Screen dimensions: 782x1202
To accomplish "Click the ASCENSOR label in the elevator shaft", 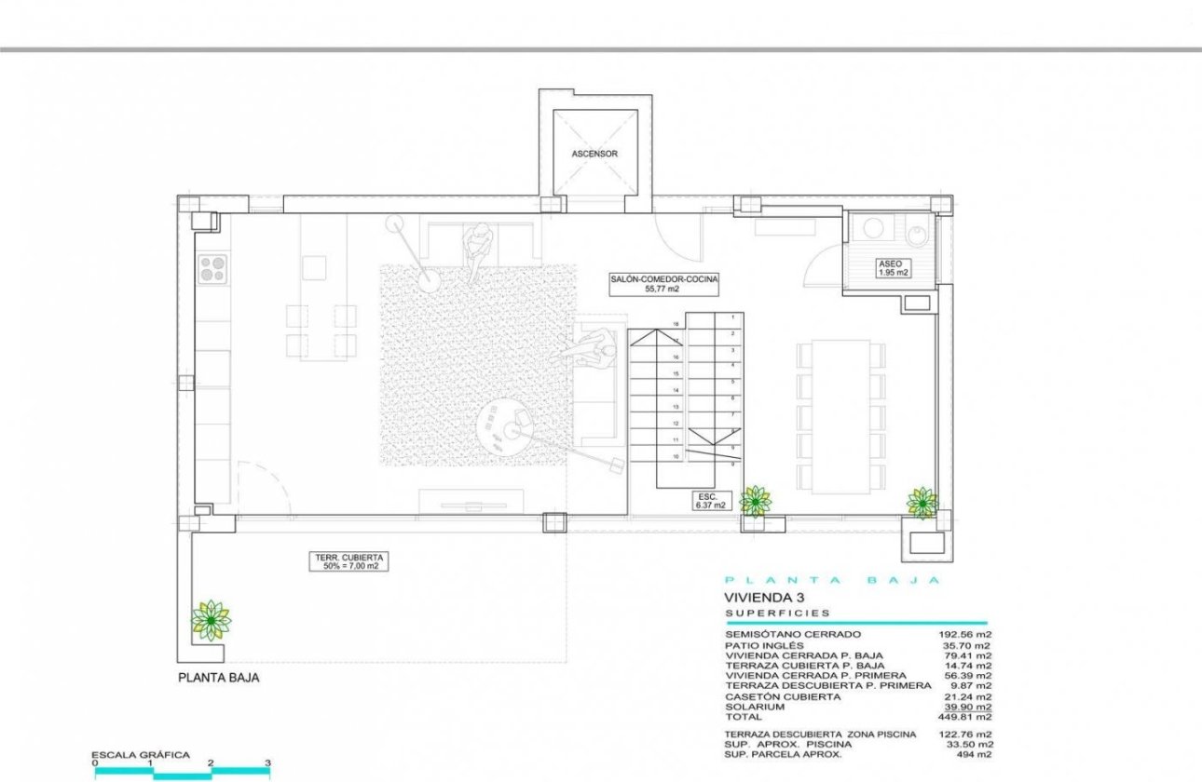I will [x=594, y=154].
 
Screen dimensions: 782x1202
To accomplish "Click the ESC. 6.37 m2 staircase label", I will [x=704, y=502].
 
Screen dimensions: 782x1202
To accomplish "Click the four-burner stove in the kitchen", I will [x=212, y=268].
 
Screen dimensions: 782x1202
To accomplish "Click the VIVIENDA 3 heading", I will [x=764, y=598].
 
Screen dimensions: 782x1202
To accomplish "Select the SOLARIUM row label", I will [x=757, y=707].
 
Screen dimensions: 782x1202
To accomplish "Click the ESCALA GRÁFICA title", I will [x=140, y=755].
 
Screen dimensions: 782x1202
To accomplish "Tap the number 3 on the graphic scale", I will [x=267, y=763].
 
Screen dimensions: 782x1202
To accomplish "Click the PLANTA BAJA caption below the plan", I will [x=218, y=679].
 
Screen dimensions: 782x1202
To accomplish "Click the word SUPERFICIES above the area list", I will [x=778, y=614].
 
